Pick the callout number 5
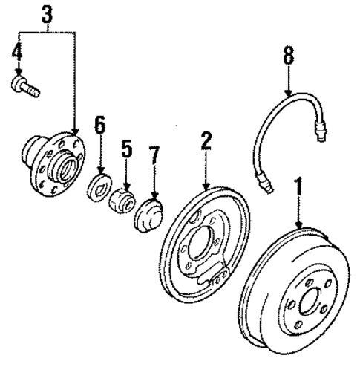[x=127, y=149]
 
